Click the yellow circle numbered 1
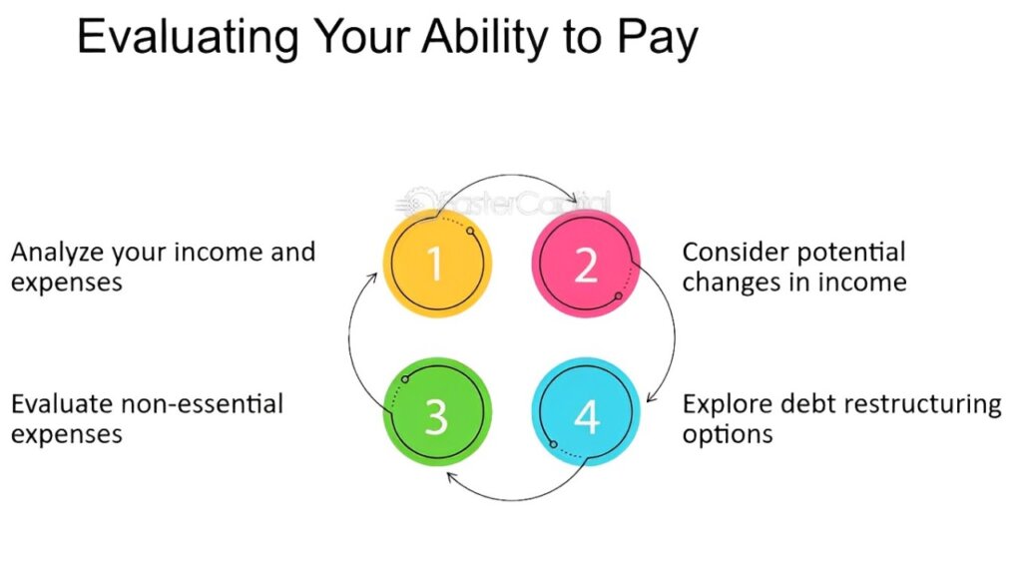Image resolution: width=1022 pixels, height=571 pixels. coord(437,264)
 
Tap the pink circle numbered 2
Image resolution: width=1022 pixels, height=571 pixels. coord(586,264)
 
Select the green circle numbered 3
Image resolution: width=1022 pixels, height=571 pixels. coord(437,412)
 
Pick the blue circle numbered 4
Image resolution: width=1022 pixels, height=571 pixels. coord(586,412)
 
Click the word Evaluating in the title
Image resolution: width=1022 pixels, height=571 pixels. coord(189,38)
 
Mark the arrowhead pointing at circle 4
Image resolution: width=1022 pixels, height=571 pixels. coord(652,395)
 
